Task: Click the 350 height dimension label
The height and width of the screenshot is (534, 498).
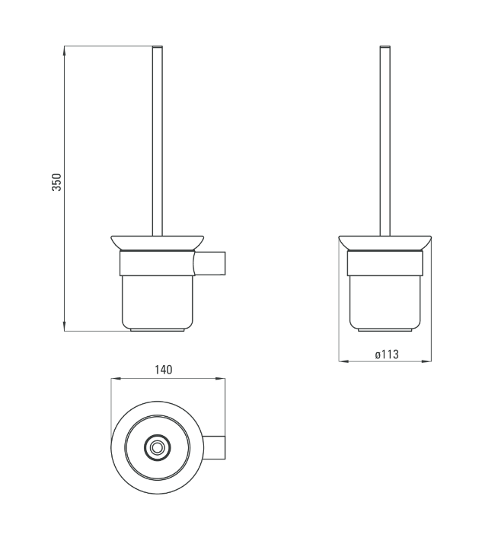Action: click(x=56, y=183)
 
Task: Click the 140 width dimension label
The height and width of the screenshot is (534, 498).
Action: click(x=164, y=370)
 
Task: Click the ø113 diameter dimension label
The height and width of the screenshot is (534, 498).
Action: click(x=387, y=354)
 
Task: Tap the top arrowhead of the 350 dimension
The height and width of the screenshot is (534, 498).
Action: click(x=65, y=50)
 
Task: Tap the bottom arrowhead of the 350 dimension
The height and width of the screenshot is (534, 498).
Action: click(x=65, y=326)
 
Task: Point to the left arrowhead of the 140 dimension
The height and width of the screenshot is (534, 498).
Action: click(x=116, y=378)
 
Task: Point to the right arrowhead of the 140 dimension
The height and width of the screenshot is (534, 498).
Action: click(x=220, y=378)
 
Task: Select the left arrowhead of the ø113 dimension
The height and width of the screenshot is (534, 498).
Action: click(x=343, y=361)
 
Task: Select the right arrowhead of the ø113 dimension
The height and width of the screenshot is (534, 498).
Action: click(x=426, y=361)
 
